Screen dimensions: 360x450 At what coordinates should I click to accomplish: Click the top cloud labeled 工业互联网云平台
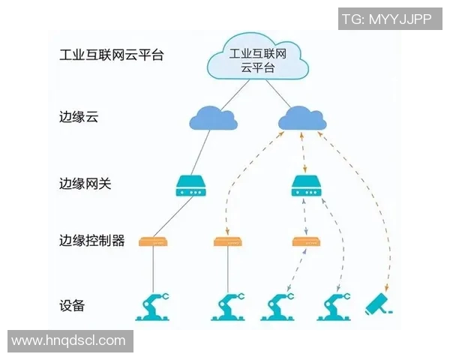[x=258, y=59]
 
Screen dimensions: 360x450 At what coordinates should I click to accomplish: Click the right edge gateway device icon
[x=304, y=185]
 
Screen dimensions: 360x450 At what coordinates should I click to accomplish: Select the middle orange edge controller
[x=227, y=241]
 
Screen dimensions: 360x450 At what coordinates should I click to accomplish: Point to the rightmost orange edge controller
[x=304, y=241]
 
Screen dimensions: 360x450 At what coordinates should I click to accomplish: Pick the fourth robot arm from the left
[x=334, y=305]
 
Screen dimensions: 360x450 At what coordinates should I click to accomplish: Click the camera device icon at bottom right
[x=379, y=305]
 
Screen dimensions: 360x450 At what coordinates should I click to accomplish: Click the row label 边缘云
[x=79, y=118]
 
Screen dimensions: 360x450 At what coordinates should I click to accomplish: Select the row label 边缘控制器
[x=91, y=241]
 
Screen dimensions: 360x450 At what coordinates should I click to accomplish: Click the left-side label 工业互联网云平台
[x=111, y=55]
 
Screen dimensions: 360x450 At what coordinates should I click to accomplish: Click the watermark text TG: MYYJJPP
[x=387, y=19]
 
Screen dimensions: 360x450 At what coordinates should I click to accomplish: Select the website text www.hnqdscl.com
[x=69, y=340]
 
